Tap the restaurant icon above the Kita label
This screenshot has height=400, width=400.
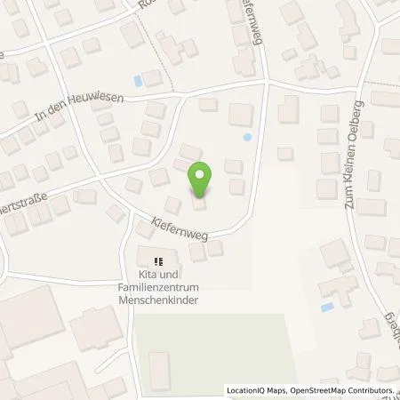pos(159,261)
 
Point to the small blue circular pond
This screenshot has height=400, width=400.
pos(247,137)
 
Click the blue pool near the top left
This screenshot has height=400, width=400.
pos(138,80)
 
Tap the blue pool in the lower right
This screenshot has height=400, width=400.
pos(328,308)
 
